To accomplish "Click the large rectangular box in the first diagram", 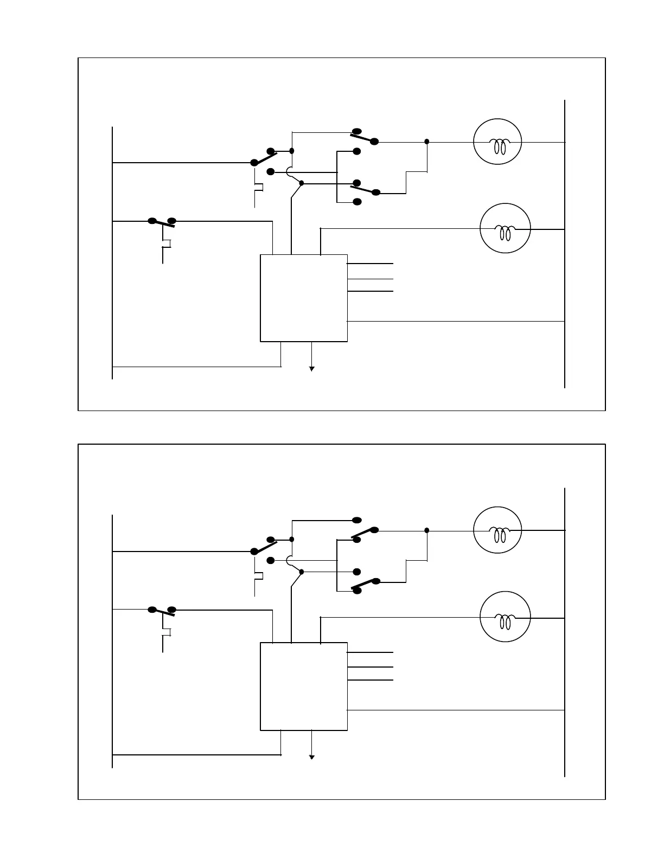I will pos(304,298).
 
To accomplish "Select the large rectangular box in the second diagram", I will pos(304,686).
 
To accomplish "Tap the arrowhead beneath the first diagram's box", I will pos(312,369).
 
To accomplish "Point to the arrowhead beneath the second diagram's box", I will pos(312,757).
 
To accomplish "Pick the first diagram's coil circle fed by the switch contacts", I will pos(498,142).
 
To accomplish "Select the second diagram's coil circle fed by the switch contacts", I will pos(498,530).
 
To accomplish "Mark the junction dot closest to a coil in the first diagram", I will pos(427,142).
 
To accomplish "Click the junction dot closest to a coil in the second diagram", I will pos(427,530).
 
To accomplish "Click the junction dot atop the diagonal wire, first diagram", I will pos(302,183).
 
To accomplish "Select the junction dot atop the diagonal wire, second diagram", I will pos(302,572).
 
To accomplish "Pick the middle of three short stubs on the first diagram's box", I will pos(370,279).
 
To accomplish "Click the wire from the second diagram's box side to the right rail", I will pos(456,710).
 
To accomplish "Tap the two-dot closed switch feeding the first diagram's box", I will pos(162,222).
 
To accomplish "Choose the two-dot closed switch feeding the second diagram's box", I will pos(162,611).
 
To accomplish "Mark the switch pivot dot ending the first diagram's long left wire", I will pos(253,162).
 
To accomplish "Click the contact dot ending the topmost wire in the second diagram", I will pos(356,520).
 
